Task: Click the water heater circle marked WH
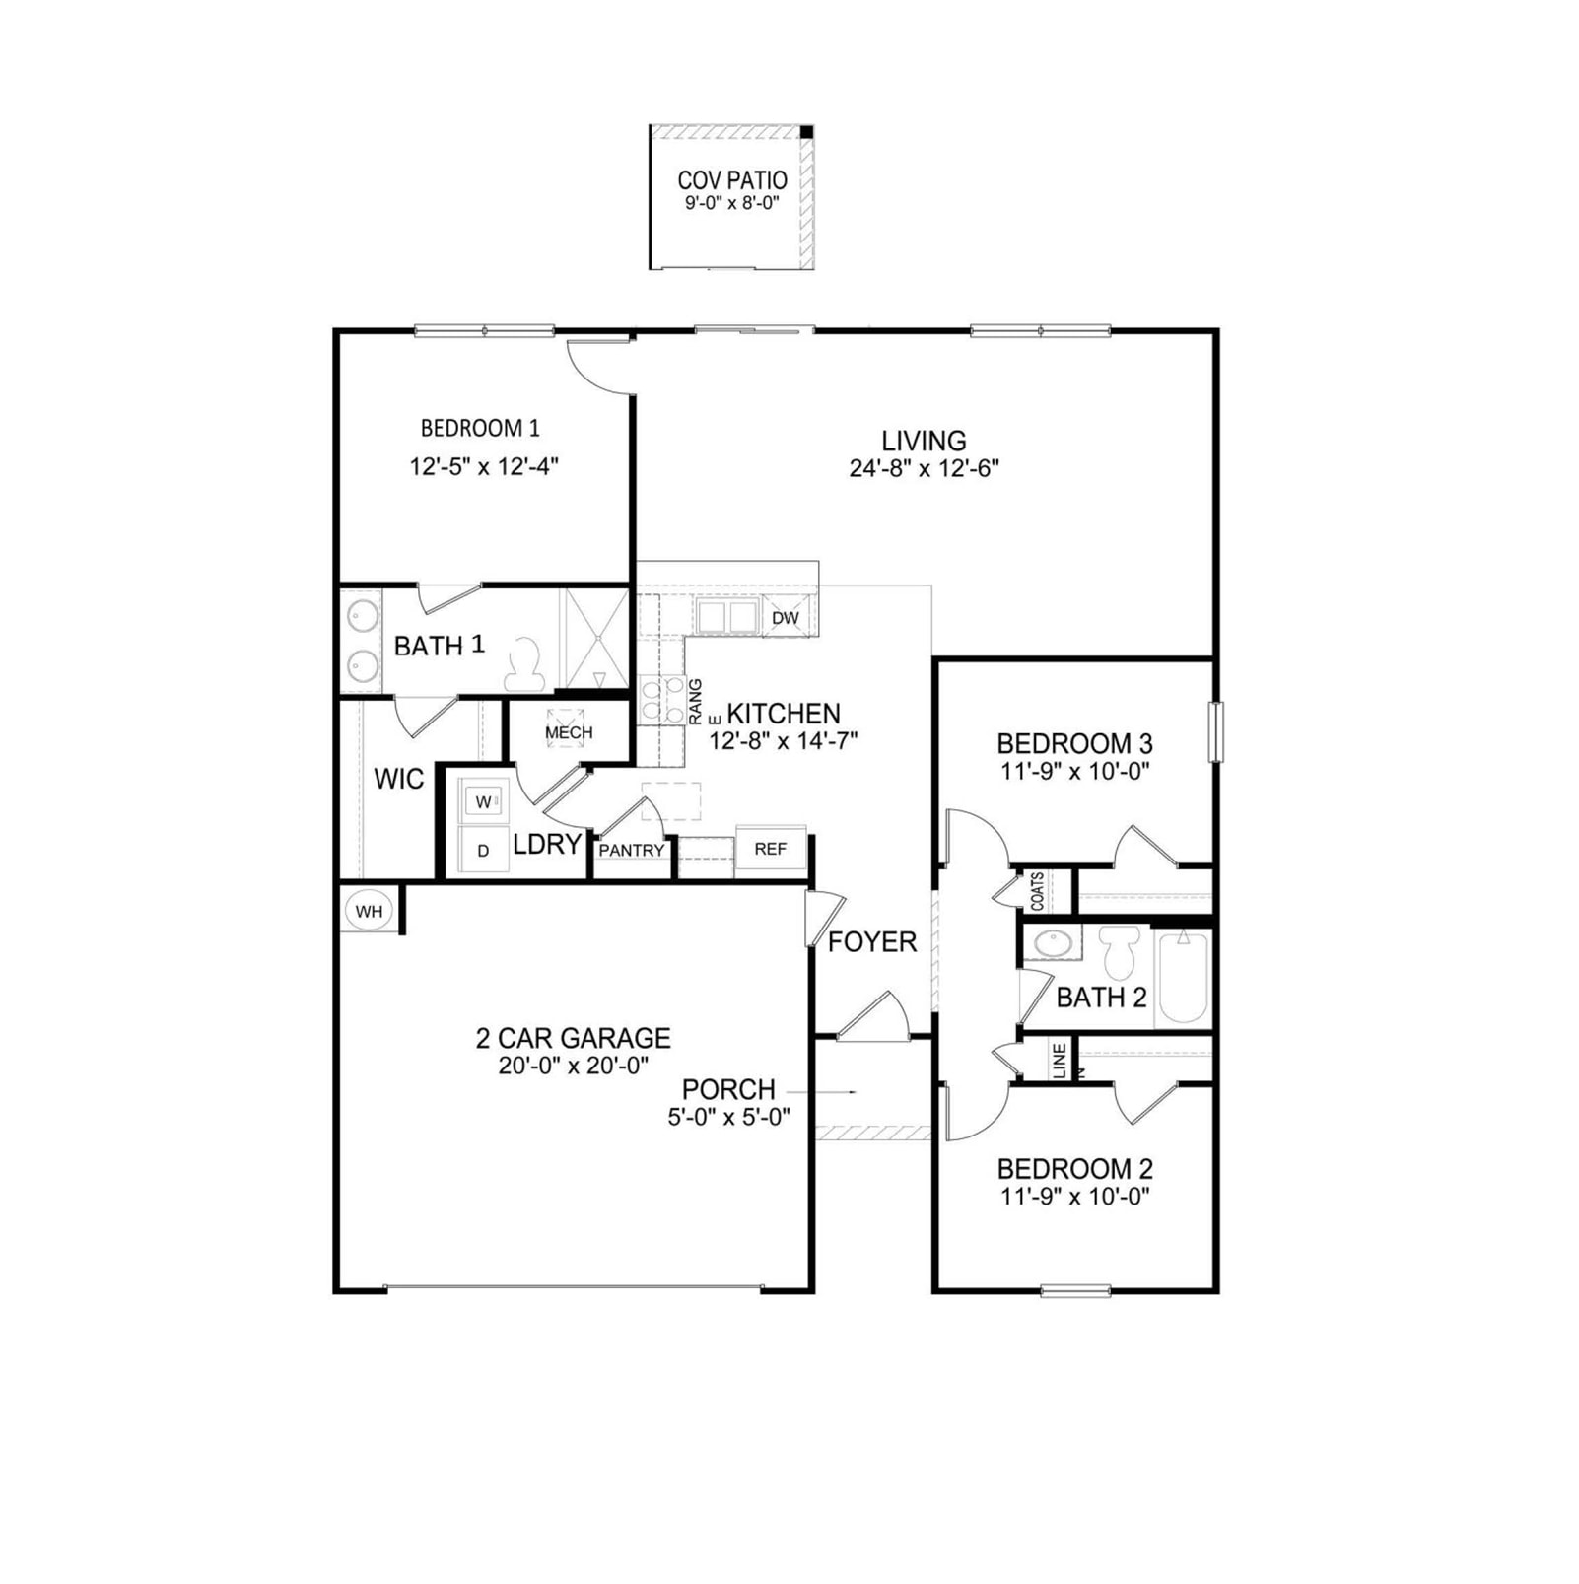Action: tap(369, 911)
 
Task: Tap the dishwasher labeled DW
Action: tap(786, 617)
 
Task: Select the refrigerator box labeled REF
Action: tap(771, 848)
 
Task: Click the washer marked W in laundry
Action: tap(484, 800)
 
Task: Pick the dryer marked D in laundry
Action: tap(484, 850)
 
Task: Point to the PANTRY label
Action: tap(632, 850)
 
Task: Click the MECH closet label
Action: tap(569, 732)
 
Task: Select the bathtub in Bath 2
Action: tap(1183, 977)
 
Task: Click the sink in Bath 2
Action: tap(1052, 943)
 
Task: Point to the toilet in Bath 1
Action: tap(524, 664)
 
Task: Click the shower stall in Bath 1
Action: tap(594, 638)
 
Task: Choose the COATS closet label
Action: tap(1037, 891)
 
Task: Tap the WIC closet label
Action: tap(398, 779)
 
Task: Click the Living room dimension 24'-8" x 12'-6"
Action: tap(924, 468)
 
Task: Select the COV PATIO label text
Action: tap(732, 180)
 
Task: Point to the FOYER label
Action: tap(872, 942)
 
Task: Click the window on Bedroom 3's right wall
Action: tap(1216, 731)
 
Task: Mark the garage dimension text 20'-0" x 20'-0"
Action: tap(573, 1065)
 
